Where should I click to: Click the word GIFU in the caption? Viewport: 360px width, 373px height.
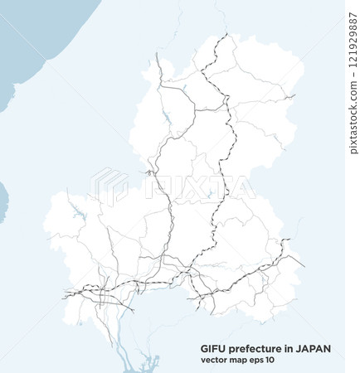click(x=212, y=349)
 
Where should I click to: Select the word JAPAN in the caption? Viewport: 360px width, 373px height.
click(x=314, y=349)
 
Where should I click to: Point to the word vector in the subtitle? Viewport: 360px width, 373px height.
click(x=213, y=360)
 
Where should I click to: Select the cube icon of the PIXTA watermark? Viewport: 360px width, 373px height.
click(x=109, y=186)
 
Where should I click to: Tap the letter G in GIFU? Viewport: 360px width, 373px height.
click(x=204, y=349)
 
